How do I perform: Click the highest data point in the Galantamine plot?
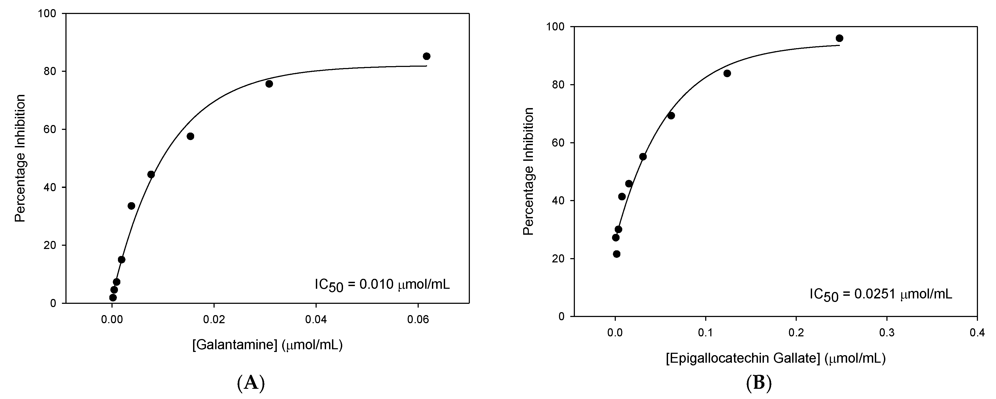pyautogui.click(x=427, y=56)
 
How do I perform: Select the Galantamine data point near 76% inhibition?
pyautogui.click(x=269, y=84)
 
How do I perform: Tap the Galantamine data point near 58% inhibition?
pyautogui.click(x=190, y=136)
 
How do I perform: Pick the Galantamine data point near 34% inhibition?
pyautogui.click(x=131, y=206)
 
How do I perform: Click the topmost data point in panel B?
pyautogui.click(x=839, y=38)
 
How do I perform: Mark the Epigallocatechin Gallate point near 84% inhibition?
pyautogui.click(x=727, y=73)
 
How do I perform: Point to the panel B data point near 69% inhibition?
pyautogui.click(x=671, y=116)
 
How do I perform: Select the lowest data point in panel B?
pyautogui.click(x=617, y=254)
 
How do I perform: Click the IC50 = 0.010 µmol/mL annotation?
pyautogui.click(x=382, y=285)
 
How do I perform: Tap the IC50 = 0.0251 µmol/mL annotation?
pyautogui.click(x=881, y=295)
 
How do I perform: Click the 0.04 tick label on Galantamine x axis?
pyautogui.click(x=316, y=319)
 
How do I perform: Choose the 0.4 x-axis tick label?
pyautogui.click(x=977, y=333)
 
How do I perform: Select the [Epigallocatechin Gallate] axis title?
pyautogui.click(x=775, y=358)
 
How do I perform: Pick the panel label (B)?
pyautogui.click(x=758, y=383)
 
